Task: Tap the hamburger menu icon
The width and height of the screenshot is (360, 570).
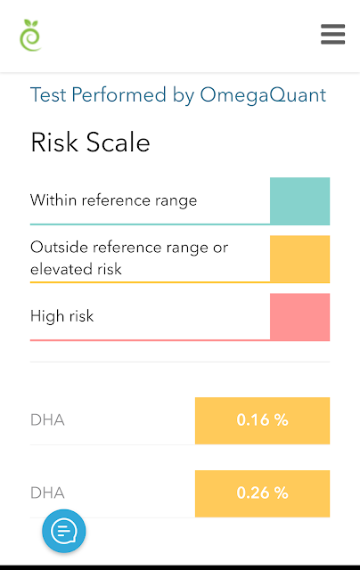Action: [332, 34]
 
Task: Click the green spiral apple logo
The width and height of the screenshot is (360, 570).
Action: [30, 36]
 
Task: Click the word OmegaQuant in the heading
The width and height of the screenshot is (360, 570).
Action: [263, 95]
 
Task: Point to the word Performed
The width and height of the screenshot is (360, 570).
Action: [119, 94]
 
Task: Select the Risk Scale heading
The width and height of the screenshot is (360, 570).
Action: [90, 142]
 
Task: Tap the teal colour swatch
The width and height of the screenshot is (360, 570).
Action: [299, 201]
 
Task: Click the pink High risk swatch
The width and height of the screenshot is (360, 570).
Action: [299, 317]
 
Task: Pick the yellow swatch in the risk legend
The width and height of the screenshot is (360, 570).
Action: [299, 259]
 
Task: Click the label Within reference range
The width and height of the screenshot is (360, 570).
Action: [113, 200]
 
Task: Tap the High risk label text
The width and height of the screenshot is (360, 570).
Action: [62, 316]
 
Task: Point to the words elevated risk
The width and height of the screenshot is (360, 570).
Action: [76, 269]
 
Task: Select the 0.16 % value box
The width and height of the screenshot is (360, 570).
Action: [262, 420]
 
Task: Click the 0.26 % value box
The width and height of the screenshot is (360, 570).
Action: [262, 493]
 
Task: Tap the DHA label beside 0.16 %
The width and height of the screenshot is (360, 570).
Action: [47, 420]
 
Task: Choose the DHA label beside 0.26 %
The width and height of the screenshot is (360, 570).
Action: [47, 493]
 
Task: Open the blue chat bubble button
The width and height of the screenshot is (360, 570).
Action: [64, 531]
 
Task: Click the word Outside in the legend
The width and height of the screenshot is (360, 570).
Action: [60, 248]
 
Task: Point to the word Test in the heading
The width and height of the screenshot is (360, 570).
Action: [48, 94]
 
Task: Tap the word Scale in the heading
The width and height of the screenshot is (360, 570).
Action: [119, 142]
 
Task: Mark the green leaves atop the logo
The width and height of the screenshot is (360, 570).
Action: [31, 23]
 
